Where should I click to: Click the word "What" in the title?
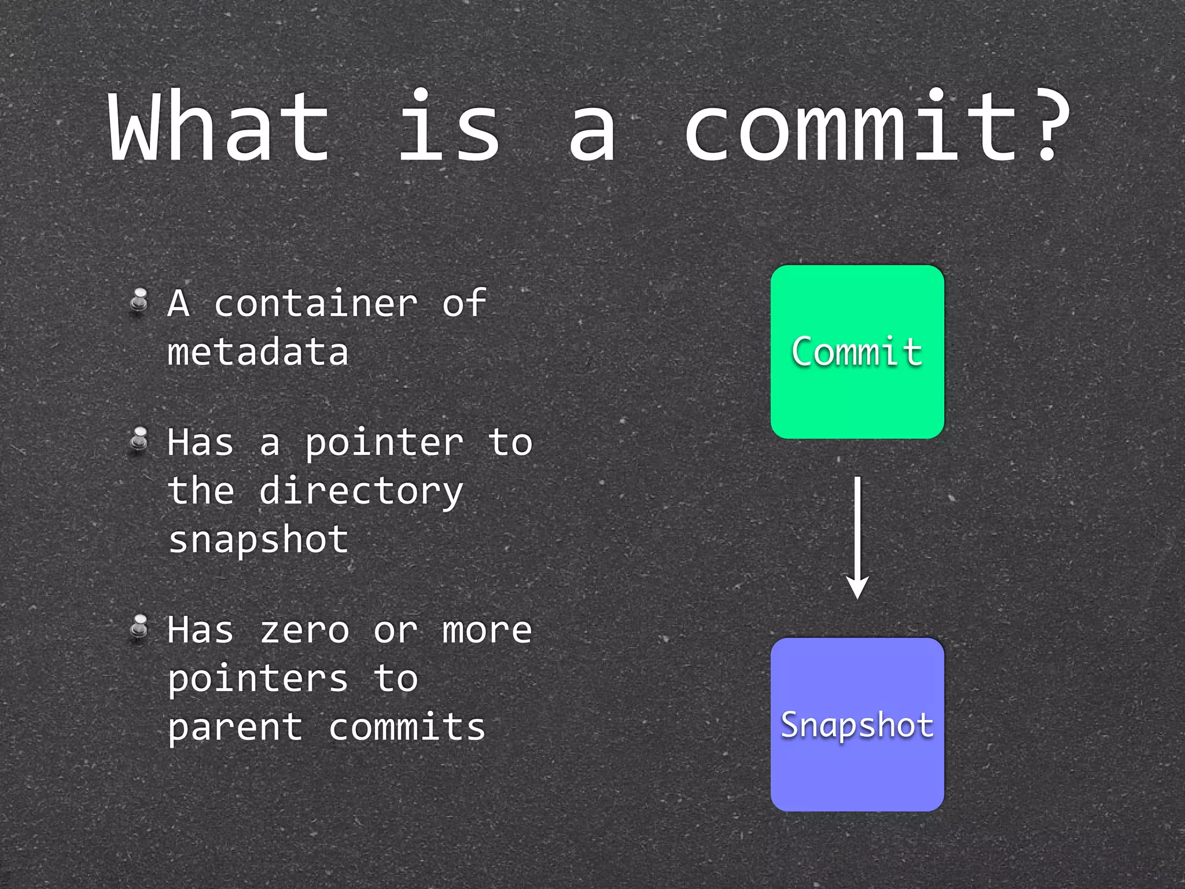pos(219,127)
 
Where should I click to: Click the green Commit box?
pos(857,352)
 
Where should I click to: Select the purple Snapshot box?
pos(857,724)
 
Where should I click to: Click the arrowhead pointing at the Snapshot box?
pos(857,587)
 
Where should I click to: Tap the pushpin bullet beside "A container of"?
pos(139,301)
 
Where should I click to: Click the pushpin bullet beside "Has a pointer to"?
pos(139,440)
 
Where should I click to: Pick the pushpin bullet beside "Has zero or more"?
pos(139,628)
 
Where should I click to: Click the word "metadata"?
pos(258,352)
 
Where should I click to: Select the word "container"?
pos(315,303)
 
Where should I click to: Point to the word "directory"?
pos(361,492)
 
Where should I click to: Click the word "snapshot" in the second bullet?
pos(258,541)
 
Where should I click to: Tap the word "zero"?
pos(304,631)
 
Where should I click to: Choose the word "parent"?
pos(235,728)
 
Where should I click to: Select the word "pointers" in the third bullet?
pos(258,679)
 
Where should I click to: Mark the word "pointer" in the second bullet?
pos(384,443)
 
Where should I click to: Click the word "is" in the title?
pos(449,127)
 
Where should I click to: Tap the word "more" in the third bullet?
pos(487,631)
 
